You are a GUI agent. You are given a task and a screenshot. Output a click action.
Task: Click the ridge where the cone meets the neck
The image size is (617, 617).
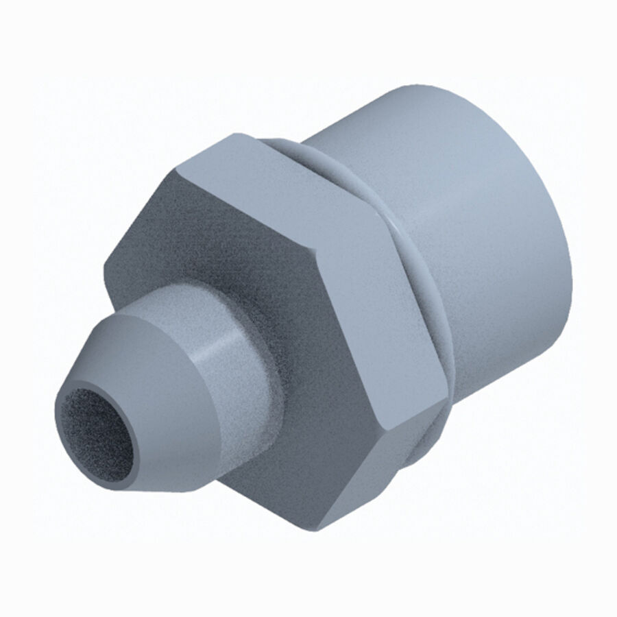[x=199, y=336]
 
